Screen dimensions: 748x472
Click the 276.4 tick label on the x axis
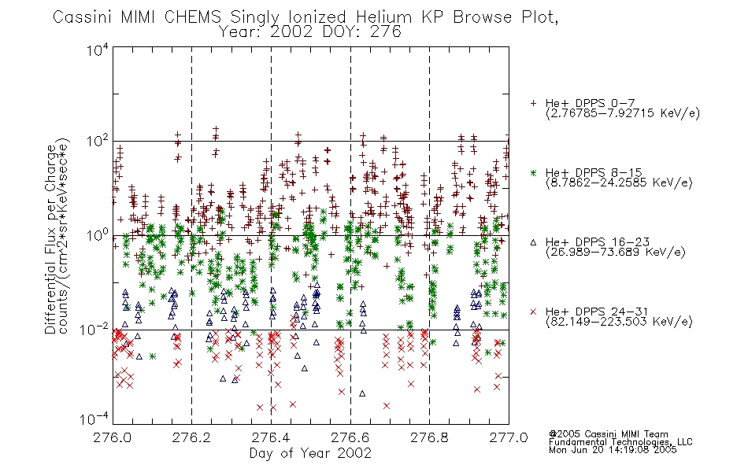point(271,437)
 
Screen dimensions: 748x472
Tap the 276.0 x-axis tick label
point(112,437)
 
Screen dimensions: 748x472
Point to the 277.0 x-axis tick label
point(509,437)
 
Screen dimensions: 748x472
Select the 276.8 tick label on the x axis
point(429,437)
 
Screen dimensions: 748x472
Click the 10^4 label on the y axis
point(98,50)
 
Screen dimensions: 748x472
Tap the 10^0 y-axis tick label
point(98,235)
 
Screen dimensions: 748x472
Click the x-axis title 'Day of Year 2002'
point(310,453)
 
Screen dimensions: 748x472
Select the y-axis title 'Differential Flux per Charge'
point(50,237)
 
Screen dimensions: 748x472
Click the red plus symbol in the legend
point(533,103)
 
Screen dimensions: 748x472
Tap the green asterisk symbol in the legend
point(533,172)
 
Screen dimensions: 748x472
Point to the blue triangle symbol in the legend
point(533,242)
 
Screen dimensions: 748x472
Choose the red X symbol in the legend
point(533,312)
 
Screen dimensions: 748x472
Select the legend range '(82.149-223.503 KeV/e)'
point(619,322)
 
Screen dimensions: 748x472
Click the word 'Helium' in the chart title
point(383,17)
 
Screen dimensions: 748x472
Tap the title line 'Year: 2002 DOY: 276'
point(310,32)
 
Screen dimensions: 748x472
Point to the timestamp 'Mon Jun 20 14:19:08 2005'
point(613,450)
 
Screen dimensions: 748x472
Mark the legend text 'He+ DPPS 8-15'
point(594,172)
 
